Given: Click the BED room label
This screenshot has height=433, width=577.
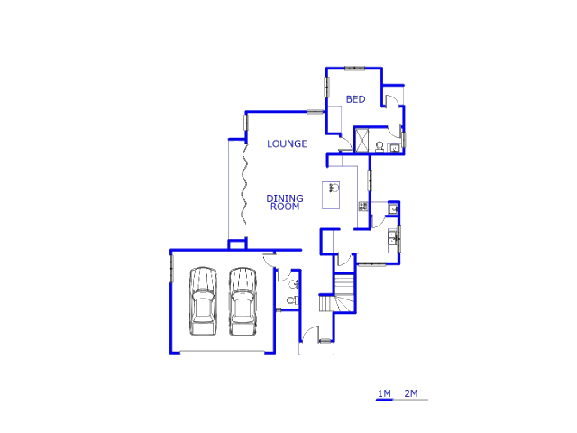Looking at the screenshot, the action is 355,99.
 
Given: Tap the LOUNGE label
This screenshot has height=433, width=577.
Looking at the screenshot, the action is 287,143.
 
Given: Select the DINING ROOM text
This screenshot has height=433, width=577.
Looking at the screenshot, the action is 285,202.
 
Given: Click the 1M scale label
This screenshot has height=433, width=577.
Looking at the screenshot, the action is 384,393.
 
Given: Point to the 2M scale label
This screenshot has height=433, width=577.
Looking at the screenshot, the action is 411,393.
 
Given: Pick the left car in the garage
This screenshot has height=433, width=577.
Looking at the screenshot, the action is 203,301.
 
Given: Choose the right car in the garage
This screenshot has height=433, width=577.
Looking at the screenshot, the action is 243,301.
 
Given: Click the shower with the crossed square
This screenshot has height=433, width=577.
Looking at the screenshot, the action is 362,140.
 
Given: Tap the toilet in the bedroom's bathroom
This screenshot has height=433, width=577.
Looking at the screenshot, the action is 380,147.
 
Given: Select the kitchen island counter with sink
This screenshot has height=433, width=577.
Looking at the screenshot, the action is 331,195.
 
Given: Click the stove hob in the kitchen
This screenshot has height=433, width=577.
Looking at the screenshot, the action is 363,207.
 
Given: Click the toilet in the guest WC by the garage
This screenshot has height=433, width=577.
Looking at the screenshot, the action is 292,300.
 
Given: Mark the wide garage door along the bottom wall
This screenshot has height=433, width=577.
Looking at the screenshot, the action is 222,353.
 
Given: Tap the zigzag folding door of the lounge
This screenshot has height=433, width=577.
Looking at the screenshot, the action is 244,184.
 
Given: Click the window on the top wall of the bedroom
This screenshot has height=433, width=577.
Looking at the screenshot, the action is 354,69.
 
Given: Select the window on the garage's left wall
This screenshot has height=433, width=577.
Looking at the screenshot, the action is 171,268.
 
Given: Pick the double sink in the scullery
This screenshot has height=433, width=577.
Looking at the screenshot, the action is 392,237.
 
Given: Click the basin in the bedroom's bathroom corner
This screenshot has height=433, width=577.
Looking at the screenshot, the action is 395,148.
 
